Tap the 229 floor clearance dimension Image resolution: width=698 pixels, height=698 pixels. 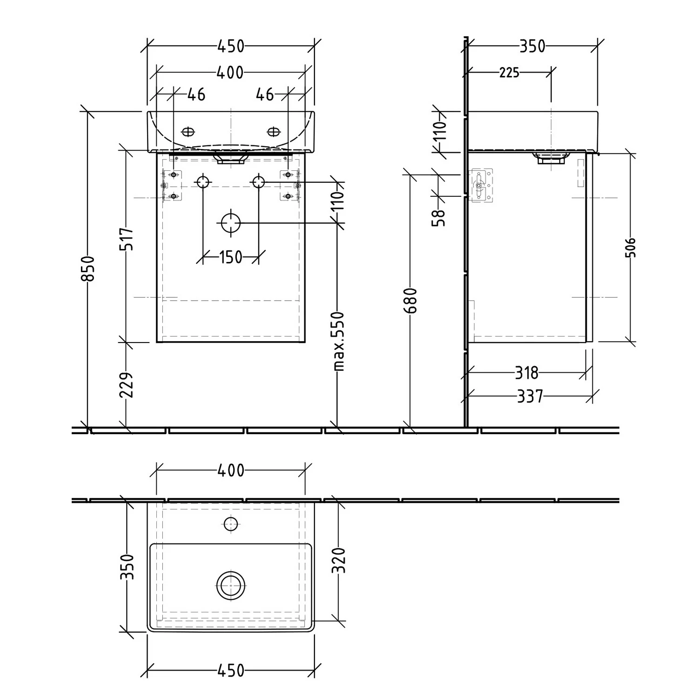coord(127,385)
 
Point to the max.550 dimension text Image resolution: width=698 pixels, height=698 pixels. coord(340,341)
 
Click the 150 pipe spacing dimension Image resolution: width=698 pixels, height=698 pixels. coord(231,257)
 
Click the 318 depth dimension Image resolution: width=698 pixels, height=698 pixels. coord(527,373)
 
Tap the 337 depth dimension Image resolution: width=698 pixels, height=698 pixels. coord(530,396)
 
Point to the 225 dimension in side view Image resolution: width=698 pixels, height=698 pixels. coord(509,73)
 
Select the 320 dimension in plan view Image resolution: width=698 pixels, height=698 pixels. coord(340,560)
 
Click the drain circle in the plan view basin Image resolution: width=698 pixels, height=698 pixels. coord(231,585)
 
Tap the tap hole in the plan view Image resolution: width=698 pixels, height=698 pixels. coord(231,524)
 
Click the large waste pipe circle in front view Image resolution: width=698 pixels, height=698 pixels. coord(231,223)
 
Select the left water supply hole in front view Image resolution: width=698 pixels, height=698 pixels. coord(203,182)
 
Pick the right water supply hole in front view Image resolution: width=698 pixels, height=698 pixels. coord(259,182)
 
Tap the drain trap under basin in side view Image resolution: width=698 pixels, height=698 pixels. coord(550,157)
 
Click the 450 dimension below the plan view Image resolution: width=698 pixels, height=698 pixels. coord(231,671)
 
